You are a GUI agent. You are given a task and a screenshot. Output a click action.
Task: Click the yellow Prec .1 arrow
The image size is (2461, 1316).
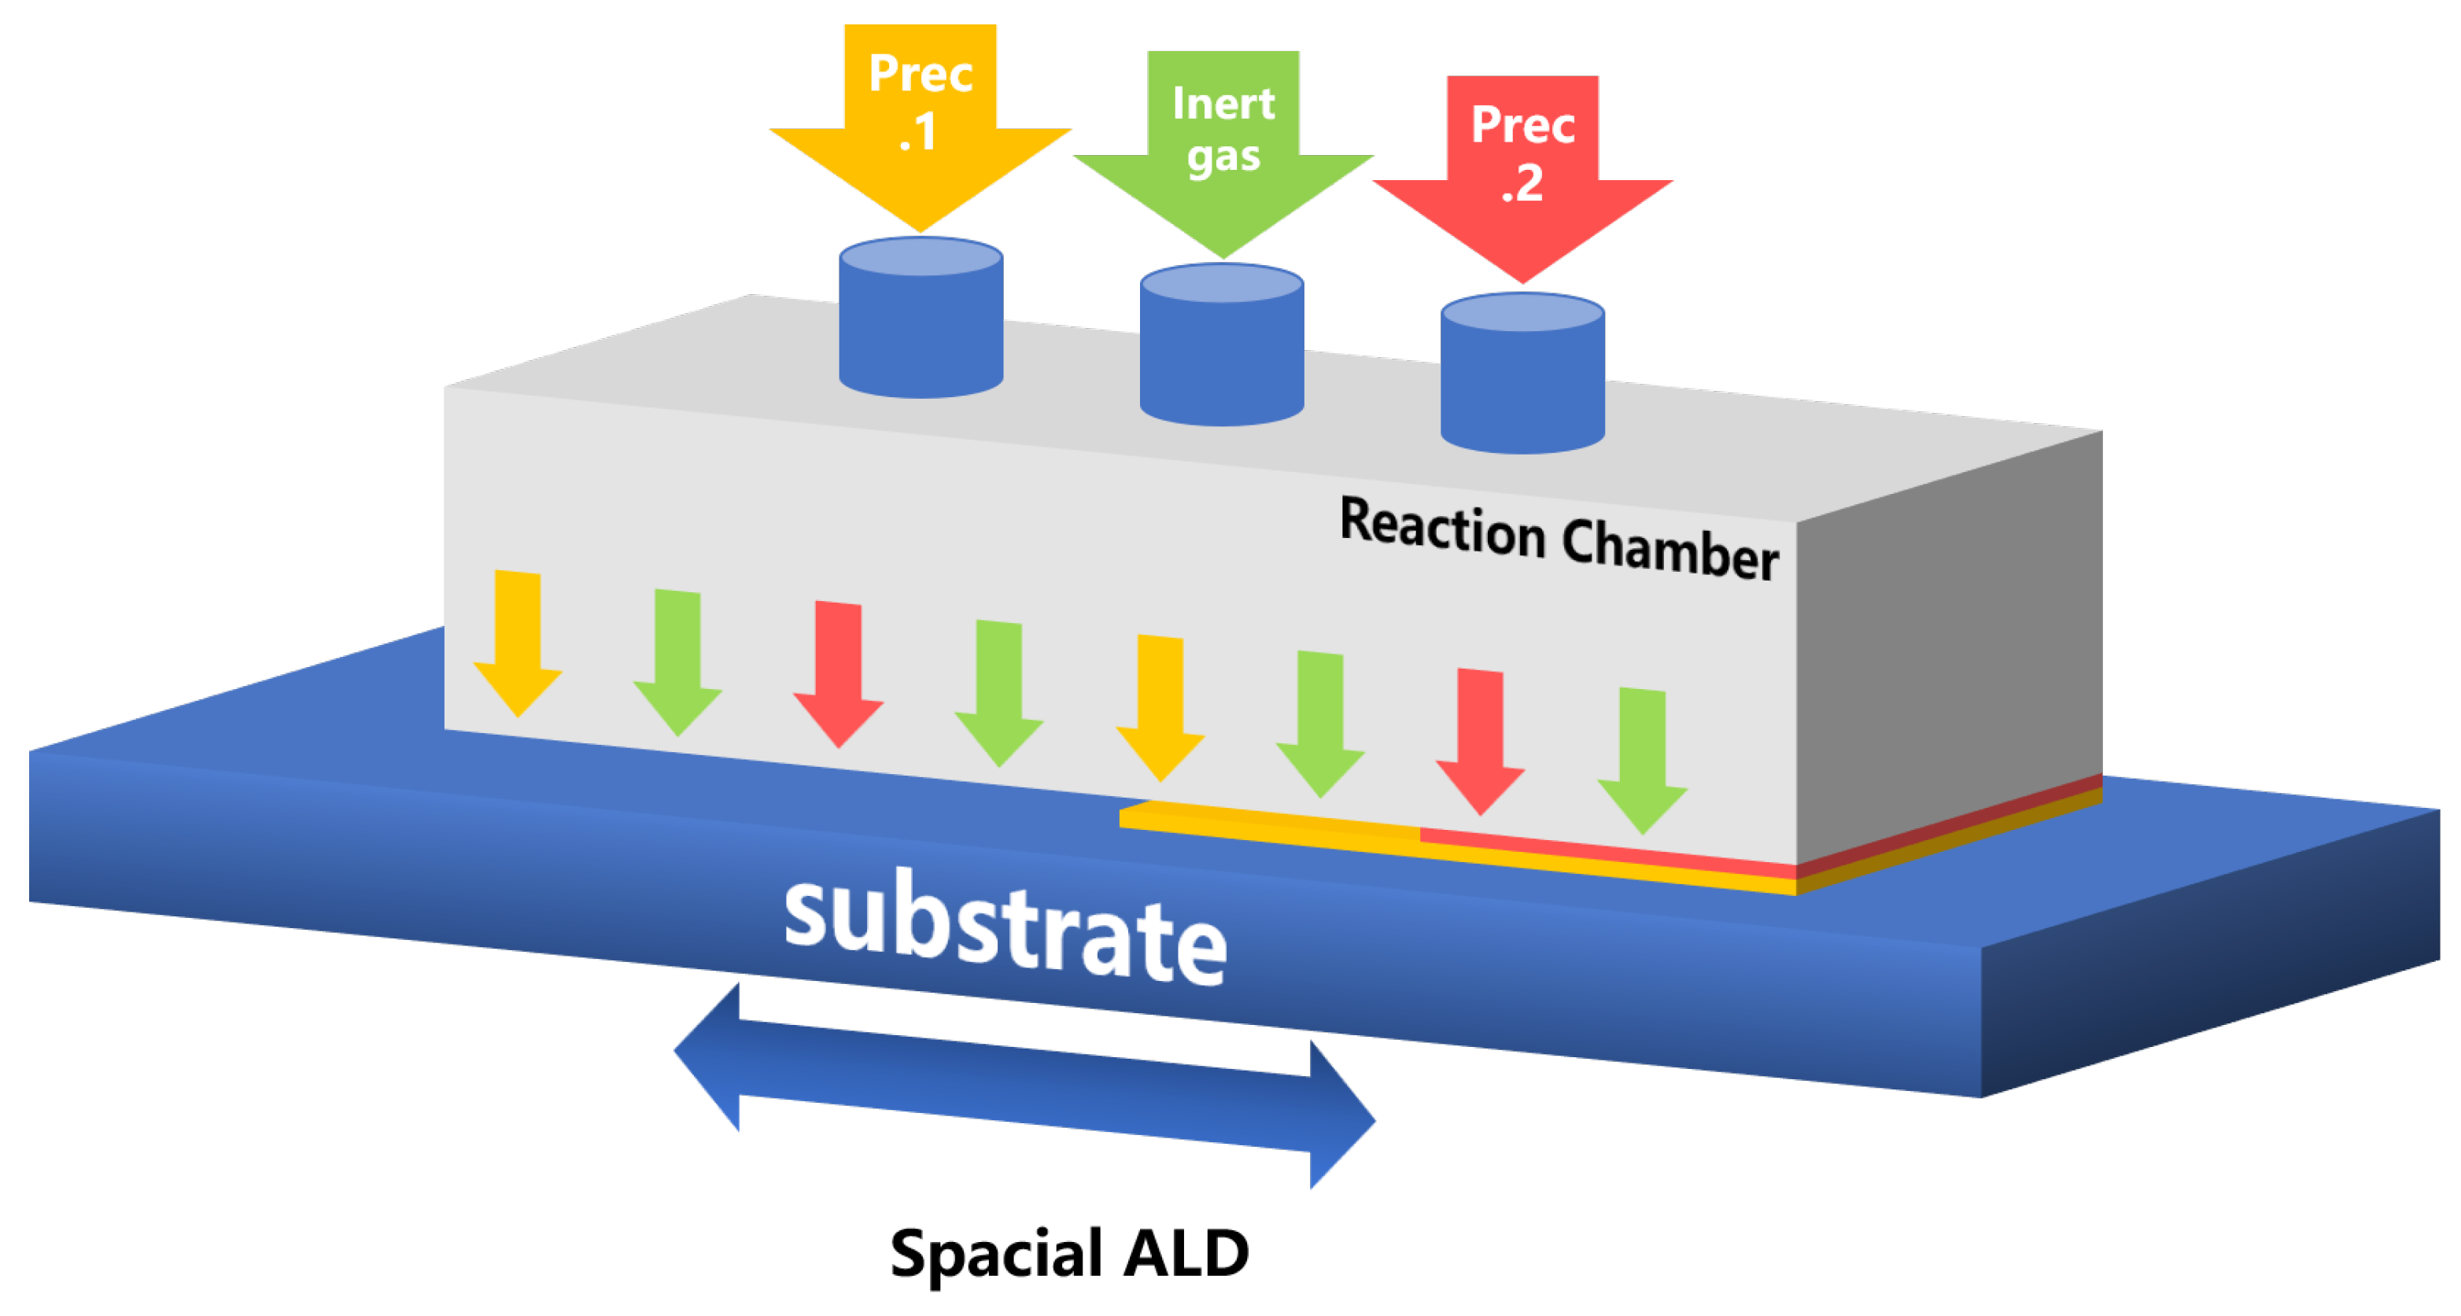pos(920,124)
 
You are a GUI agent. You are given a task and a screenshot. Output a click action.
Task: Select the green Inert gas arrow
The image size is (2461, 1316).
pos(1223,153)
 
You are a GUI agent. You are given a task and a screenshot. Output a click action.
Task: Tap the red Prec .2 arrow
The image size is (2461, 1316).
pos(1523,177)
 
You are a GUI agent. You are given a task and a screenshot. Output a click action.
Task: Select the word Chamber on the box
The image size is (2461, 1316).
pos(1670,548)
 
